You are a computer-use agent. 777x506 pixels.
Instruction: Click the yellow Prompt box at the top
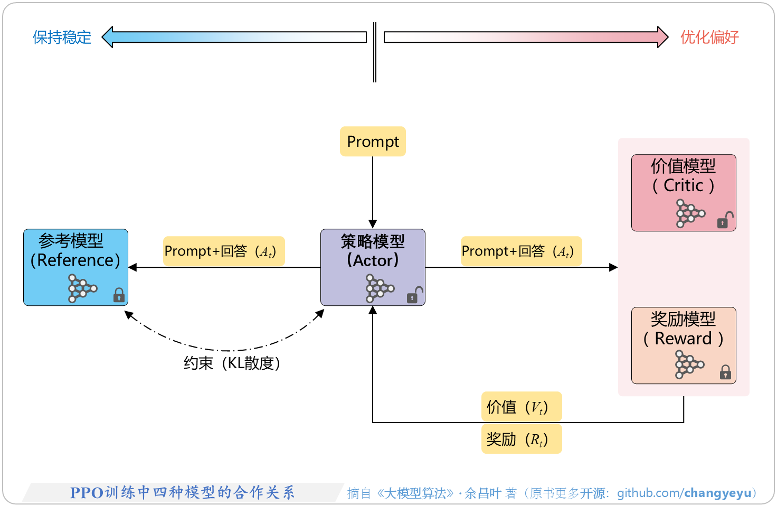pos(373,142)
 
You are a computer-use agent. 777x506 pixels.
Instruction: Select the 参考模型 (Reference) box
pos(75,267)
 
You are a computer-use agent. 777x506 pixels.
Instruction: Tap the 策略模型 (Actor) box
pos(373,267)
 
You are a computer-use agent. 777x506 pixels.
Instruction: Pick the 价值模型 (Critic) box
pos(684,192)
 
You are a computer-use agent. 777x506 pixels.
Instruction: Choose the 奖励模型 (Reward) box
pos(684,345)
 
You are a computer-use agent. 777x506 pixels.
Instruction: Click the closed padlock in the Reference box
pos(119,295)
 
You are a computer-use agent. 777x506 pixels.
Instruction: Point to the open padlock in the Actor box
pos(415,295)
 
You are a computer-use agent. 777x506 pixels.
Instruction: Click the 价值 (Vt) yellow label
pos(521,407)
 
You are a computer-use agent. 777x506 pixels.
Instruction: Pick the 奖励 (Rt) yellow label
pos(521,439)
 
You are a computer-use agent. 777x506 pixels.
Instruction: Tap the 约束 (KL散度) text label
pos(232,363)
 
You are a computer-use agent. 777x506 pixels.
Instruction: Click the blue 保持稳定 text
pos(62,38)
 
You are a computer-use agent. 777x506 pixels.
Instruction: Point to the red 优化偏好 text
pos(709,38)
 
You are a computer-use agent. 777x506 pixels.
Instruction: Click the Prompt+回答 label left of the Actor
pos(224,251)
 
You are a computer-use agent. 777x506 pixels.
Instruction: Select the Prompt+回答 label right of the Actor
pos(521,251)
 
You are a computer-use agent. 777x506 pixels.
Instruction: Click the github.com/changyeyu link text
pos(684,493)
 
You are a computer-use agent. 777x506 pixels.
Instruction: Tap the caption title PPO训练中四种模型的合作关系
pos(182,493)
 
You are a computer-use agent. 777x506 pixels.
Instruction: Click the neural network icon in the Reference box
pos(82,288)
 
